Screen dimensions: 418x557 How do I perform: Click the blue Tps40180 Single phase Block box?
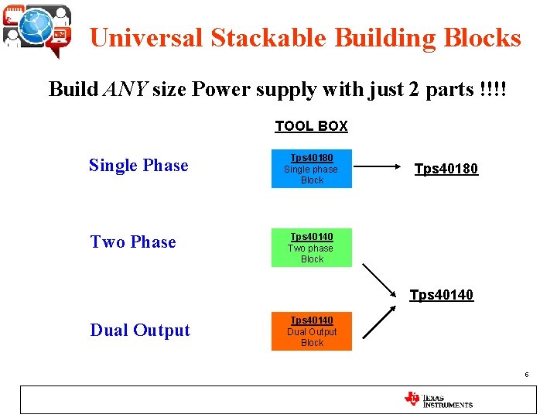pos(312,169)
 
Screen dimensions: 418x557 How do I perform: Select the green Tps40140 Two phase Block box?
pos(312,248)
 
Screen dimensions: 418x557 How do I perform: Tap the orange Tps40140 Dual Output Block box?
pos(312,331)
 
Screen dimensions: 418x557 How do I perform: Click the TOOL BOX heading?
pos(312,126)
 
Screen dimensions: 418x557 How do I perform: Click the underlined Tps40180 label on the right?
pos(446,169)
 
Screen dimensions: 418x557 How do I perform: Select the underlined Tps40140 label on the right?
pos(441,295)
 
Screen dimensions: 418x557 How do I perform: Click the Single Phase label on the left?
pos(138,165)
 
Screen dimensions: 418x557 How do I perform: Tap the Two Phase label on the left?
pos(133,242)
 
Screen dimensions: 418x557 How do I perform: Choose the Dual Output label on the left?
pos(140,331)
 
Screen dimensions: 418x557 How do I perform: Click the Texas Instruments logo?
pos(439,399)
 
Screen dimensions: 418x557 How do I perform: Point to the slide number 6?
pos(526,375)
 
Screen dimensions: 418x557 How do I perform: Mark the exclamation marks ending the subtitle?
pos(493,90)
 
